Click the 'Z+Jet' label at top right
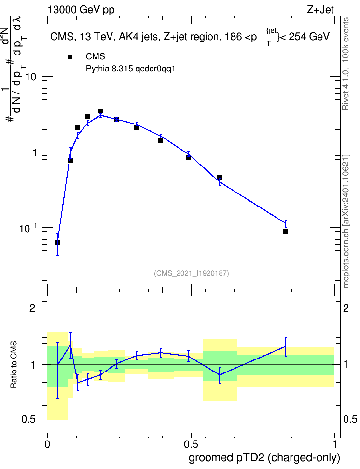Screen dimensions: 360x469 320,10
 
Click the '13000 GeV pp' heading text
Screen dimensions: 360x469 81,10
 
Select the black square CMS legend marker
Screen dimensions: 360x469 70,56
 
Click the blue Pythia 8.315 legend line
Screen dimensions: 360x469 70,69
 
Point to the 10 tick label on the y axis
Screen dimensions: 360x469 30,76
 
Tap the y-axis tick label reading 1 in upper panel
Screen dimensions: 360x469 34,152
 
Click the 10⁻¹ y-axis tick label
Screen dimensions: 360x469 28,228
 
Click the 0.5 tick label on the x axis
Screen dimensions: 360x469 191,444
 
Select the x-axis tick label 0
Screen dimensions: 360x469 47,444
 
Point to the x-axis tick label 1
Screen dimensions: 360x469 335,444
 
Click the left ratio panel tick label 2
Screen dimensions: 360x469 32,308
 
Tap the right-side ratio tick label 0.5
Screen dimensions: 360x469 350,419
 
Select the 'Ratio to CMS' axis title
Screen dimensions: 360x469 14,365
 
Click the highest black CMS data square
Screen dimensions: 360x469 100,111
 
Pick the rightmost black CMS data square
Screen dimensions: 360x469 286,231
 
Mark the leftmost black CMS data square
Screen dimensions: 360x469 57,242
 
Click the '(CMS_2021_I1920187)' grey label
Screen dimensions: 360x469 192,273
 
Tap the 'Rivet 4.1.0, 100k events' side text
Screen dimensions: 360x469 346,64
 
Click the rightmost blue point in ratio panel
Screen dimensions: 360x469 286,346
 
